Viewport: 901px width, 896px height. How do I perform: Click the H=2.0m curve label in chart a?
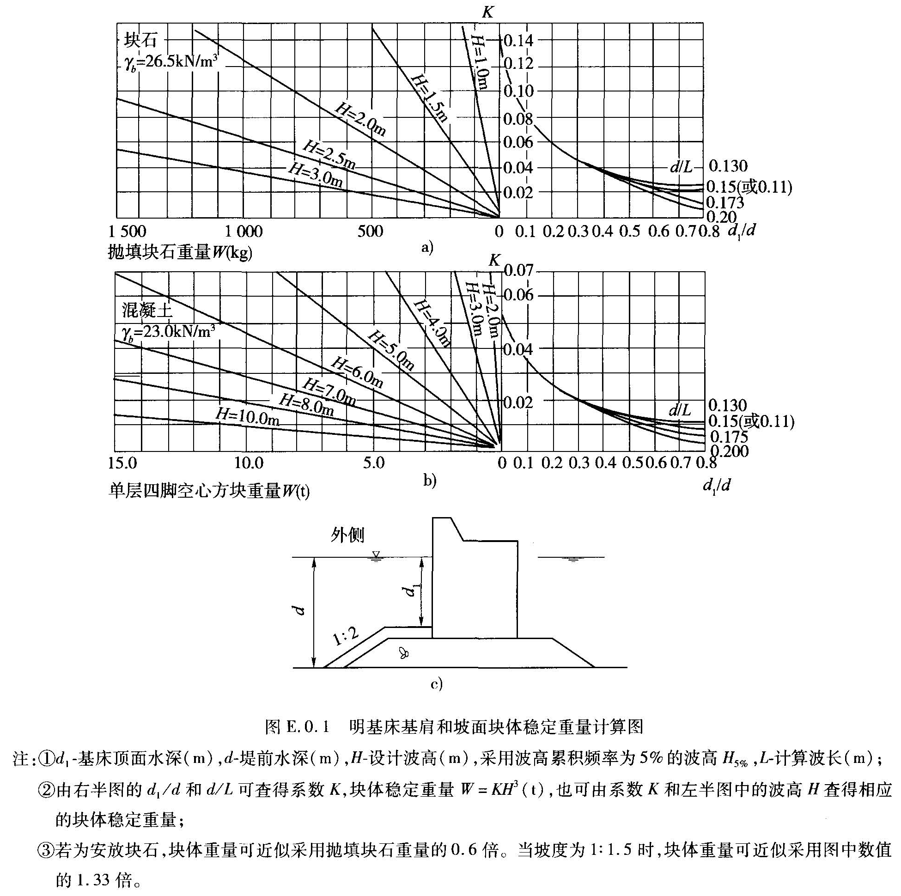click(360, 120)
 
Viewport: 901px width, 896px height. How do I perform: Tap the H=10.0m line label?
click(247, 416)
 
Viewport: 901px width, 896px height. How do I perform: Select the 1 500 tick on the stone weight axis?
click(127, 232)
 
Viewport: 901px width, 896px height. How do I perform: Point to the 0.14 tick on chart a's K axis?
click(518, 41)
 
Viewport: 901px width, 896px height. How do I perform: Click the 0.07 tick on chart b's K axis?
click(518, 270)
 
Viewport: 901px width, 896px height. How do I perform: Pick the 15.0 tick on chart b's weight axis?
click(122, 463)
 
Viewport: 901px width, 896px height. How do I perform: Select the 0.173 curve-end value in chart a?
click(724, 202)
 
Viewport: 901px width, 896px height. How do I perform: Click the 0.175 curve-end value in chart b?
click(729, 437)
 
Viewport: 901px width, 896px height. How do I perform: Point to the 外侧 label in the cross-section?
click(347, 536)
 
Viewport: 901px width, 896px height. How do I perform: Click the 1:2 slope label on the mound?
click(346, 637)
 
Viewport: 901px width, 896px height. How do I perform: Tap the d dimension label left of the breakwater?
click(301, 610)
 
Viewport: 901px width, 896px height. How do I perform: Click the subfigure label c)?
click(436, 684)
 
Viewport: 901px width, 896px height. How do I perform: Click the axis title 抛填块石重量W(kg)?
click(180, 252)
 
